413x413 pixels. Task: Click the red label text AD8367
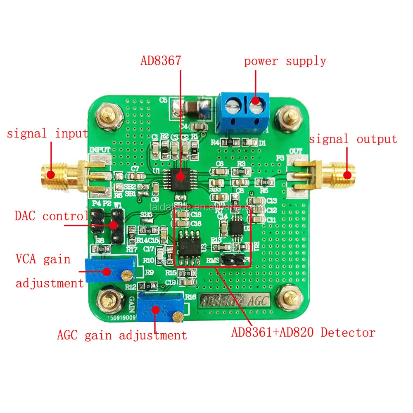pos(161,61)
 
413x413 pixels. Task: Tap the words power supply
pos(285,62)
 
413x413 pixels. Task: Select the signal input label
pos(47,133)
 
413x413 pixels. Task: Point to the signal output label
pos(353,139)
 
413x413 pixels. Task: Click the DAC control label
pos(51,216)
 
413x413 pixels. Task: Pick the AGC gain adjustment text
pos(122,335)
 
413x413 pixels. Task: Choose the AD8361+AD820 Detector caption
pos(303,332)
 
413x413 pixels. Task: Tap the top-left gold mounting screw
pos(108,116)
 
